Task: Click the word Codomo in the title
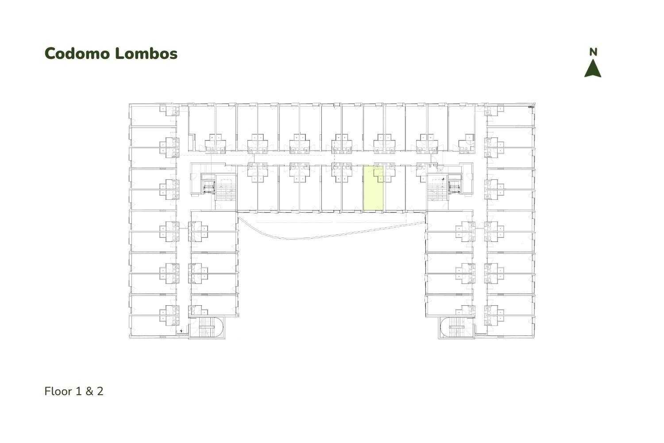77,54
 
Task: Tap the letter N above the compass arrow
593,52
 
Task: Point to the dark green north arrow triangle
593,68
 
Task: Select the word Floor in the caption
58,391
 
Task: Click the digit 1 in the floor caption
78,391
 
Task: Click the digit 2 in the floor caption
100,391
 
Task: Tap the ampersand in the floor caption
89,391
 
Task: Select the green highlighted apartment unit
373,188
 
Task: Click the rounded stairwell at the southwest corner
207,327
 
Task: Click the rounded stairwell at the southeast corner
456,327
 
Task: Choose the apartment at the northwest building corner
153,115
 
